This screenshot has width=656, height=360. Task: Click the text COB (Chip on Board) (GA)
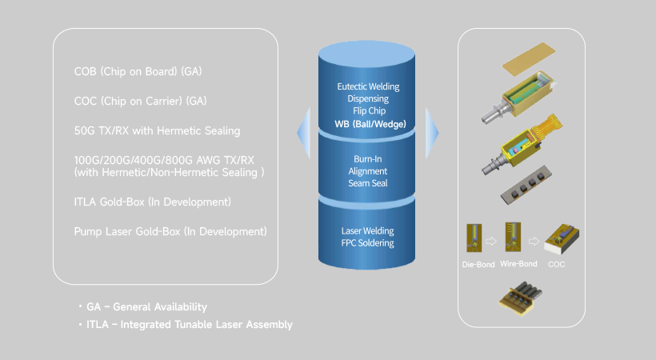point(138,72)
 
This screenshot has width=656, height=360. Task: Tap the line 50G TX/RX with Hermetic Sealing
point(157,130)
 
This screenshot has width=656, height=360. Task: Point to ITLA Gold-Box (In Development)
point(152,202)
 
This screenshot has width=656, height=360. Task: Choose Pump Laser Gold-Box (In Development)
point(170,231)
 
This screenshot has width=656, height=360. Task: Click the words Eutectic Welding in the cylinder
point(368,86)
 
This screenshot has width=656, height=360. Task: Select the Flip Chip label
point(368,111)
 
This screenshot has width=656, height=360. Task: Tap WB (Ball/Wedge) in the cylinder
point(368,124)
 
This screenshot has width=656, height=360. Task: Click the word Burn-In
point(368,158)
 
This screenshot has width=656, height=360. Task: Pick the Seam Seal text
point(368,183)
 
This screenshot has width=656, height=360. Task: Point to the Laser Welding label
point(368,230)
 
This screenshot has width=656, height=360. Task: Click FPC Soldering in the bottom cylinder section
point(368,243)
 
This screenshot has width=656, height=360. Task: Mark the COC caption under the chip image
point(557,263)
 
